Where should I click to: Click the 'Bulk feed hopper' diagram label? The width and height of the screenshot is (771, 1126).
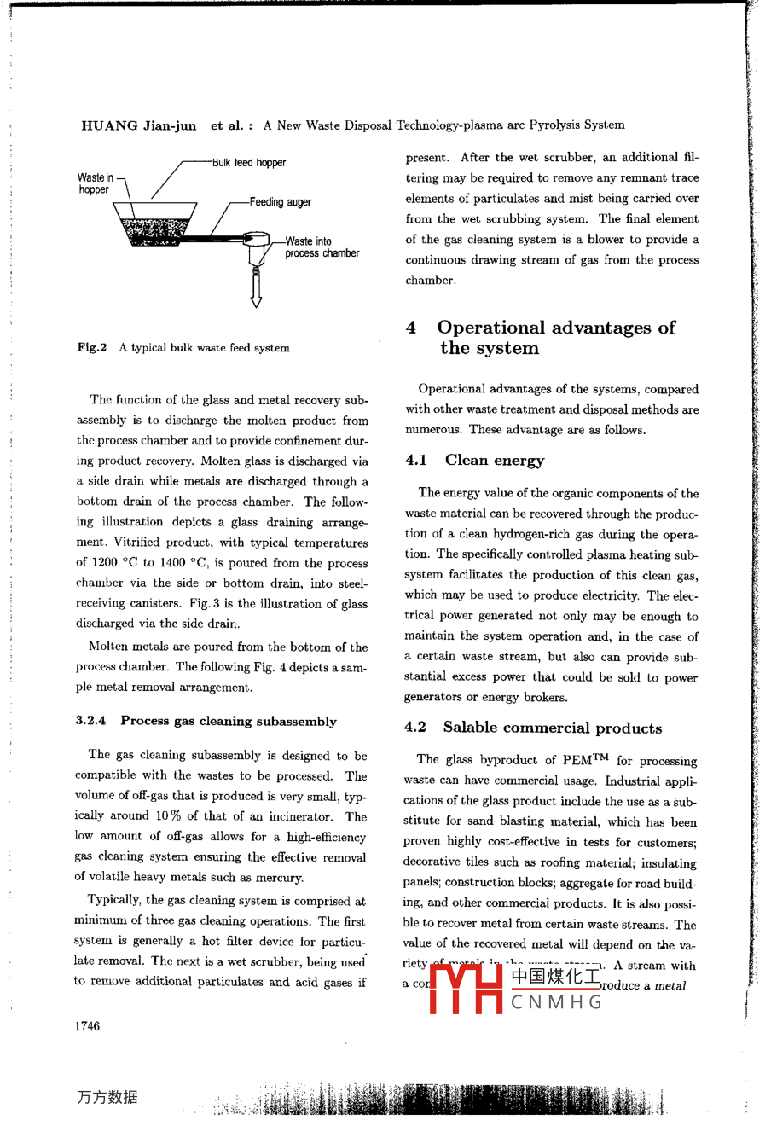click(249, 162)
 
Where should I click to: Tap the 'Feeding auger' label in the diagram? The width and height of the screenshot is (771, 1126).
click(280, 202)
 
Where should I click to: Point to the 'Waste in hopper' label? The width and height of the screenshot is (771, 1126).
click(95, 183)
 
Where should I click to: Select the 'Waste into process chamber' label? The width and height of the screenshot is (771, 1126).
click(322, 247)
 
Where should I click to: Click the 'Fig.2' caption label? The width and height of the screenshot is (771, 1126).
click(91, 348)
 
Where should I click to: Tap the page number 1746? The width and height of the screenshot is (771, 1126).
click(87, 1026)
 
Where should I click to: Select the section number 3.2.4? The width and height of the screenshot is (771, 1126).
click(90, 721)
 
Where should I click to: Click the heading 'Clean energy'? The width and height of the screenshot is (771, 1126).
click(494, 461)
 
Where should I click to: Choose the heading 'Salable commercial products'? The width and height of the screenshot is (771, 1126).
click(552, 728)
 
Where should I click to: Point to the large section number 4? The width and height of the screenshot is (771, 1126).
click(411, 328)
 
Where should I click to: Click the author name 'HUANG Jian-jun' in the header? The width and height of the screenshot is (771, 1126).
click(139, 125)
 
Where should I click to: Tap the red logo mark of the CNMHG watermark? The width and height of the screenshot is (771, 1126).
click(466, 988)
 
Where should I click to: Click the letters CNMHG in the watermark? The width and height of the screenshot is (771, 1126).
click(557, 1002)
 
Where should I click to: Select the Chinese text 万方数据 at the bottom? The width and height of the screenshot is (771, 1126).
click(107, 1098)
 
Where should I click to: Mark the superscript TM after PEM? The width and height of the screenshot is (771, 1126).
click(600, 757)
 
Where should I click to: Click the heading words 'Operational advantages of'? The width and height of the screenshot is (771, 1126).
click(556, 328)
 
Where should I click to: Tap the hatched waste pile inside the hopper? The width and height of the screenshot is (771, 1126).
click(155, 230)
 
